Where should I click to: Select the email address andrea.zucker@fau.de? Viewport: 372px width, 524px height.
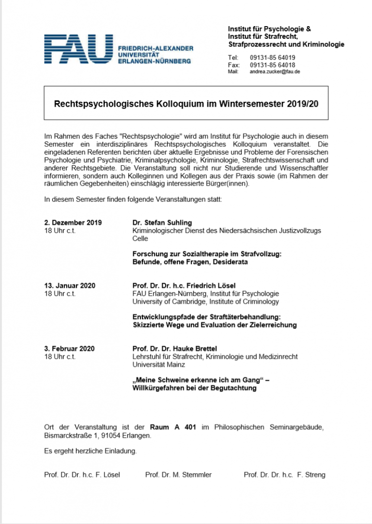click(x=275, y=72)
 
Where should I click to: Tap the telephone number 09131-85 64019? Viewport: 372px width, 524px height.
click(x=272, y=58)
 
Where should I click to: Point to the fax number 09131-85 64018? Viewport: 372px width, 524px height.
click(x=272, y=65)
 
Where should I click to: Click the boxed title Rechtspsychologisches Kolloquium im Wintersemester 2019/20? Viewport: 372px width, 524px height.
click(x=186, y=104)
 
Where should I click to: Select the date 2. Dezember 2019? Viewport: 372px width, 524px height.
click(x=73, y=223)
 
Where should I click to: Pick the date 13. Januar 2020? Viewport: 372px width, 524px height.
click(x=70, y=286)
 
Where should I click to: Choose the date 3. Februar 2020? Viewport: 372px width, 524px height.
click(x=69, y=349)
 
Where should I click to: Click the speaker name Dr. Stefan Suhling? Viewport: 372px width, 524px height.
click(x=162, y=223)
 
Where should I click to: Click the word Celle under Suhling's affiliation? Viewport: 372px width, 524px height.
click(x=140, y=238)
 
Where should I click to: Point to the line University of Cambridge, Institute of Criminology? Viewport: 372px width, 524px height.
click(x=205, y=302)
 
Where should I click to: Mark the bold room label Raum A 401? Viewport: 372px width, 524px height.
click(x=173, y=427)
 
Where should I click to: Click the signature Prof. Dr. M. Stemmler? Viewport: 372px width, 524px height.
click(x=178, y=475)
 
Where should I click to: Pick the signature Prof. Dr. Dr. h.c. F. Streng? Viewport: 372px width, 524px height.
click(x=284, y=475)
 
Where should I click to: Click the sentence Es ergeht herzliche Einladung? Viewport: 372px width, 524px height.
click(x=91, y=451)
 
